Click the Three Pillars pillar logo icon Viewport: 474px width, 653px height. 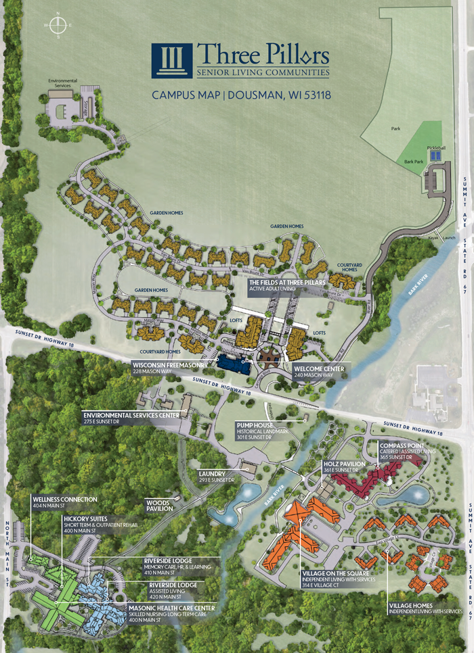coord(171,62)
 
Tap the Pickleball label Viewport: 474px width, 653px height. coord(436,147)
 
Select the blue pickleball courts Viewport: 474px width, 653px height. coord(435,156)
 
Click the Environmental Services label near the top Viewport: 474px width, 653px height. coord(62,83)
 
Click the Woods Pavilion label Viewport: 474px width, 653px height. coord(159,505)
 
